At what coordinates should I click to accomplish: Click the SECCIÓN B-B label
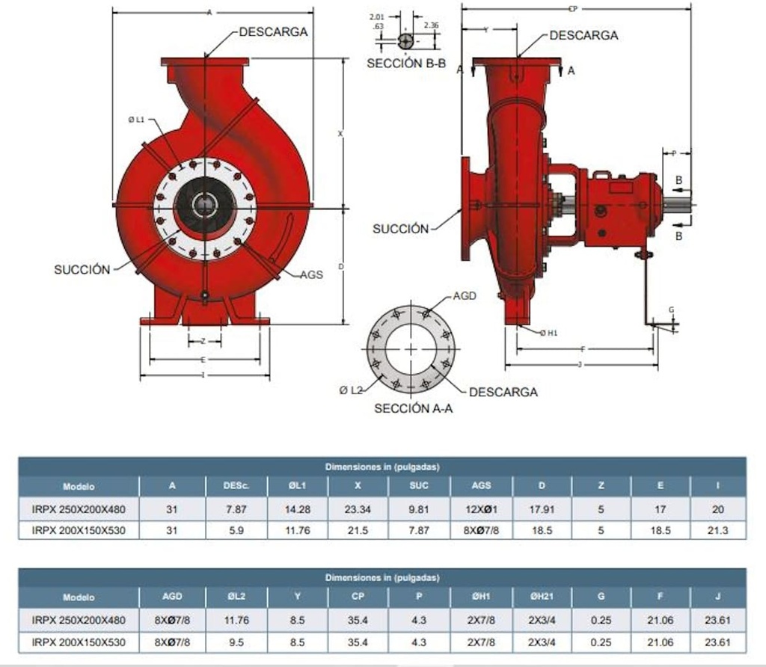405,64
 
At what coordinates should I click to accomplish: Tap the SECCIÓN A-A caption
413,409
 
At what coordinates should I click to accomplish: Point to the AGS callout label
311,274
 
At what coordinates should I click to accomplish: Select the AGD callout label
465,296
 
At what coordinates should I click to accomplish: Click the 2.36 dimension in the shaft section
431,25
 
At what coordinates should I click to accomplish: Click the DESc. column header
236,485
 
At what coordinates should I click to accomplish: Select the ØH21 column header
542,597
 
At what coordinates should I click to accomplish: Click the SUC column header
420,485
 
